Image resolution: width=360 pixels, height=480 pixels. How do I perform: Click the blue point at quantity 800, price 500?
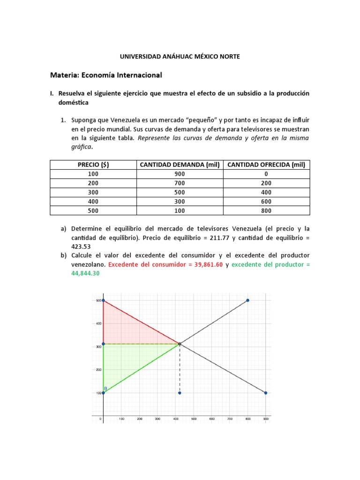pyautogui.click(x=247, y=300)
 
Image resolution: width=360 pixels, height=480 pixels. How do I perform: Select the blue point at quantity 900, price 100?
pyautogui.click(x=266, y=393)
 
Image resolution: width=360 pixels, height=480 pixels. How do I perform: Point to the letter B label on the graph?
pyautogui.click(x=105, y=388)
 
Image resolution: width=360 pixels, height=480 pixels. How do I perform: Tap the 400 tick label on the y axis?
pyautogui.click(x=98, y=323)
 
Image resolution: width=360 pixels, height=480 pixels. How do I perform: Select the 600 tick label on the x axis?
pyautogui.click(x=212, y=419)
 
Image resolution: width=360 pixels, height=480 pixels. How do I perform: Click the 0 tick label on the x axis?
pyautogui.click(x=101, y=419)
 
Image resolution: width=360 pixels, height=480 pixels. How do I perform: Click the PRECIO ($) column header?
pyautogui.click(x=93, y=165)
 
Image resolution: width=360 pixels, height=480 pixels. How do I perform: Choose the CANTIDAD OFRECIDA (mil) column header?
pyautogui.click(x=266, y=165)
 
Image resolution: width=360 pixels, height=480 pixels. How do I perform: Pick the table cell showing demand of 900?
pyautogui.click(x=179, y=173)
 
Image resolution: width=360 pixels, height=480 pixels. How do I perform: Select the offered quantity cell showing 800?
pyautogui.click(x=266, y=210)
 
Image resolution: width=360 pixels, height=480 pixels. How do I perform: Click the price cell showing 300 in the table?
pyautogui.click(x=93, y=192)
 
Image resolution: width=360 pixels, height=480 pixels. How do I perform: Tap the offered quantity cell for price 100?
pyautogui.click(x=266, y=173)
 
